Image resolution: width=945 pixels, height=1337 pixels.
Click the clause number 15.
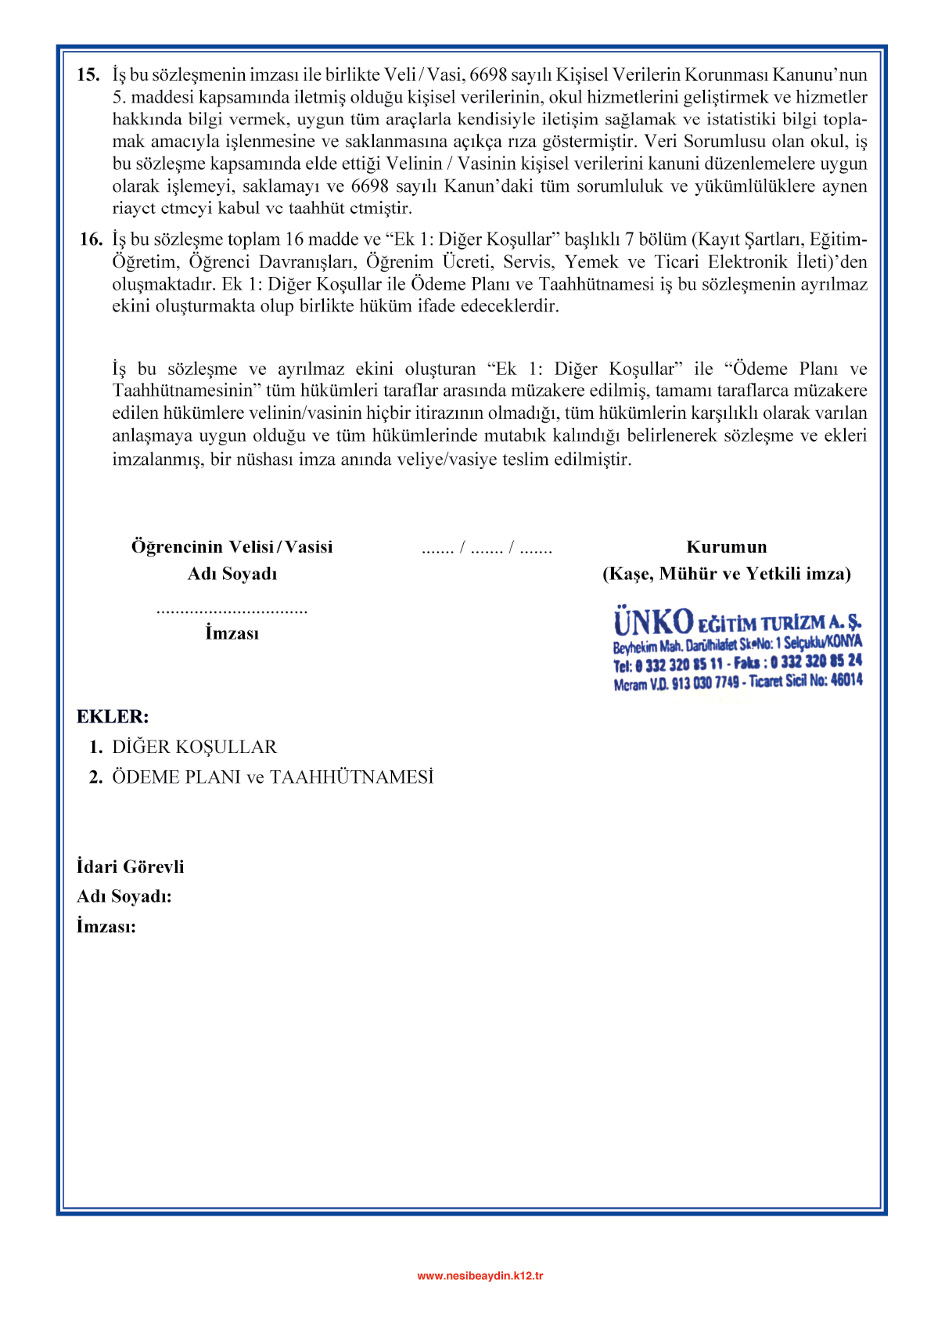point(88,75)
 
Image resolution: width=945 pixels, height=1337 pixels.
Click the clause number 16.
point(91,240)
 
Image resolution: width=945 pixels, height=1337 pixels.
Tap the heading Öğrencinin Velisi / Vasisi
point(232,546)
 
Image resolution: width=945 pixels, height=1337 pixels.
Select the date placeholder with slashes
point(487,548)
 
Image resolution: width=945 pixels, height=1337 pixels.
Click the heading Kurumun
point(727,546)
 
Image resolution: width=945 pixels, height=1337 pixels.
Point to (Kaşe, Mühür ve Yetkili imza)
point(727,574)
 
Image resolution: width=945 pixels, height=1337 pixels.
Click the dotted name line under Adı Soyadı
point(232,611)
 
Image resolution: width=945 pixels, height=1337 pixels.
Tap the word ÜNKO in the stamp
point(653,622)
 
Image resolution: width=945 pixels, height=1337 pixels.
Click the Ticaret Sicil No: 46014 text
point(806,681)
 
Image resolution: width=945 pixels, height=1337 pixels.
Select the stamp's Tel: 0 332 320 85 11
point(667,665)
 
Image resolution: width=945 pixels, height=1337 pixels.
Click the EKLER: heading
point(113,716)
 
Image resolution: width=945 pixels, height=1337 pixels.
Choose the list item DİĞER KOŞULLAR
point(194,747)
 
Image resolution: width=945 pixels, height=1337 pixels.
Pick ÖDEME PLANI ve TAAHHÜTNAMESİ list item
point(272,777)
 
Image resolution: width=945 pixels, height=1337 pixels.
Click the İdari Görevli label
point(131,867)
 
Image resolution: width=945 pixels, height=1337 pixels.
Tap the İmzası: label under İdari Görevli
point(106,927)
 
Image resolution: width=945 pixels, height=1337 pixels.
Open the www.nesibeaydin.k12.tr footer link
point(480,1275)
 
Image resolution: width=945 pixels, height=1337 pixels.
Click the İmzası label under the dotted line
point(232,633)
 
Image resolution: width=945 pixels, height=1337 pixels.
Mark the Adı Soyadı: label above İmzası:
point(124,896)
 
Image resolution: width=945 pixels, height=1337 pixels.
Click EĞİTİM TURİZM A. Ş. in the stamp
point(779,623)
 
